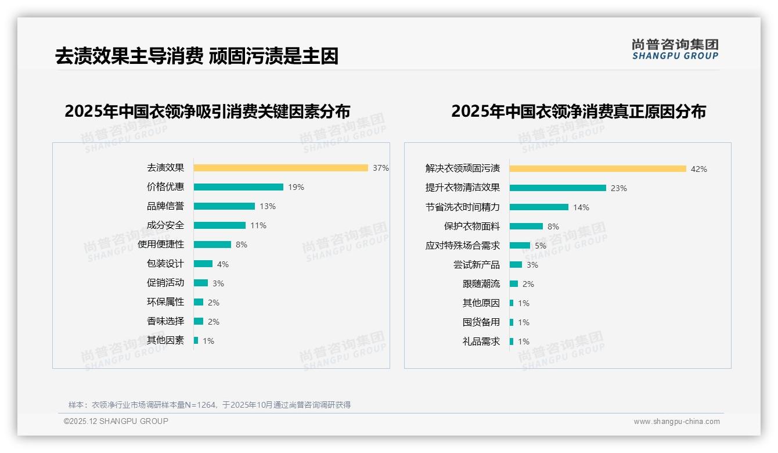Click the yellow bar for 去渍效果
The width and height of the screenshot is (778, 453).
click(x=280, y=168)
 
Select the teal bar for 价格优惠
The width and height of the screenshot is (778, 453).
click(x=238, y=187)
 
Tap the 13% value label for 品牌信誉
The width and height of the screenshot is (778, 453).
click(x=268, y=206)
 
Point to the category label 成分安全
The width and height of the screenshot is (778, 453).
click(x=165, y=225)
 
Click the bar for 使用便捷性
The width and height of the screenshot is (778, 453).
click(x=212, y=245)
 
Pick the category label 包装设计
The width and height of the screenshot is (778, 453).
click(x=165, y=264)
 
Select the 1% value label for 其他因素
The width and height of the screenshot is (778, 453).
click(x=208, y=341)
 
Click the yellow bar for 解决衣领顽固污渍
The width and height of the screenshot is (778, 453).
click(x=598, y=169)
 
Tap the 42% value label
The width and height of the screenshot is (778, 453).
click(x=699, y=169)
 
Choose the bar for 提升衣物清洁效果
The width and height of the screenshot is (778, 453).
click(x=557, y=188)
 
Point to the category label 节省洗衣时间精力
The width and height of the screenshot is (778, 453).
click(x=463, y=207)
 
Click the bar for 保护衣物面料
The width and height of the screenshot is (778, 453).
click(x=526, y=227)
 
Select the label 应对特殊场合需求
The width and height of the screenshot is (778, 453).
click(x=463, y=246)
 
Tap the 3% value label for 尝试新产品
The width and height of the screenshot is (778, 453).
click(x=532, y=265)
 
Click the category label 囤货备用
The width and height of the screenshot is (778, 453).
click(x=481, y=322)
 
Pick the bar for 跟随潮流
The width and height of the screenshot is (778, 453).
click(x=514, y=284)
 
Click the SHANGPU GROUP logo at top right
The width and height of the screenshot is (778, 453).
click(x=675, y=49)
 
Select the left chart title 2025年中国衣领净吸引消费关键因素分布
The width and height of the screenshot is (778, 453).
click(x=207, y=112)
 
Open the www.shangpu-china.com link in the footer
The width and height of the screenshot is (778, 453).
click(x=676, y=422)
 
